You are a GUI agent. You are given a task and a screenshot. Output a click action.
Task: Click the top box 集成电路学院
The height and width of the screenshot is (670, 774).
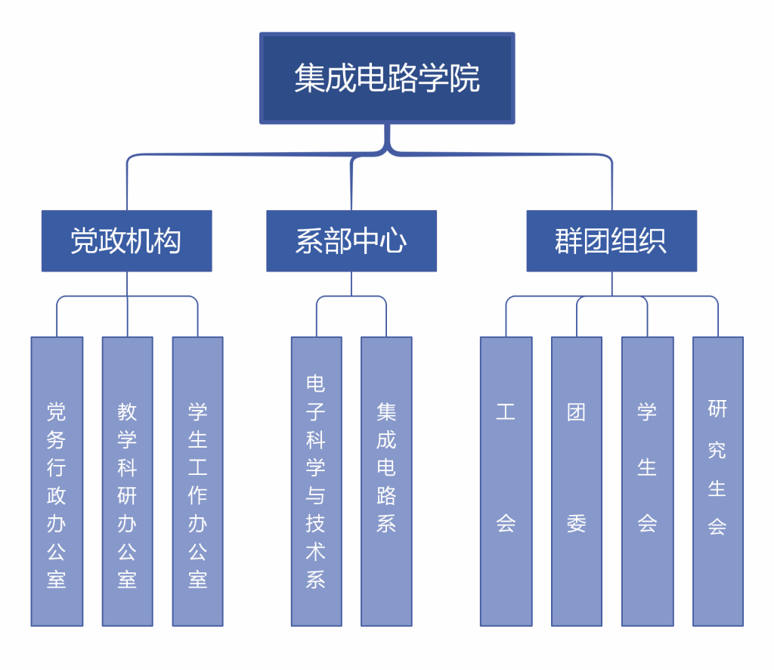pyautogui.click(x=387, y=78)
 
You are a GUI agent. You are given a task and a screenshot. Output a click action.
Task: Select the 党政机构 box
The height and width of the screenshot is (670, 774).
pyautogui.click(x=126, y=240)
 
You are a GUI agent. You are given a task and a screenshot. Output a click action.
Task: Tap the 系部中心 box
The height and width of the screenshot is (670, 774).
pyautogui.click(x=351, y=240)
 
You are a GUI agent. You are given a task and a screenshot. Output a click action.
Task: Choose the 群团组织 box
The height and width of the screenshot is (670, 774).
pyautogui.click(x=611, y=240)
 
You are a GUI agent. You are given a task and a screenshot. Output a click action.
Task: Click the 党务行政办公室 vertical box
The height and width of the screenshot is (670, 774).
pyautogui.click(x=57, y=481)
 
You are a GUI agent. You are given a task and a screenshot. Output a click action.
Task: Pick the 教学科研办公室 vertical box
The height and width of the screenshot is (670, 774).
pyautogui.click(x=127, y=481)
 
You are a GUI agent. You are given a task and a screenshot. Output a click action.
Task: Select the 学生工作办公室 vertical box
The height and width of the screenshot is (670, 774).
pyautogui.click(x=197, y=481)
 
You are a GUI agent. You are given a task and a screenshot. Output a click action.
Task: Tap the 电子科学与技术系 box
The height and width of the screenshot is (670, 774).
pyautogui.click(x=316, y=481)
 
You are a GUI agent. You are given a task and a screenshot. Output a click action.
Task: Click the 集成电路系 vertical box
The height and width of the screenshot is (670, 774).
pyautogui.click(x=386, y=481)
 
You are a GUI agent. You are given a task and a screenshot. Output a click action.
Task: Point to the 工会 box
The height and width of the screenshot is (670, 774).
pyautogui.click(x=506, y=481)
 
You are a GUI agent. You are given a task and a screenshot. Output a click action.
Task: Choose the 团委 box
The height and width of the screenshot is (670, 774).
pyautogui.click(x=576, y=481)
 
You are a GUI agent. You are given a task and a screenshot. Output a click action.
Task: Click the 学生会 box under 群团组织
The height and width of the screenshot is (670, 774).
pyautogui.click(x=647, y=481)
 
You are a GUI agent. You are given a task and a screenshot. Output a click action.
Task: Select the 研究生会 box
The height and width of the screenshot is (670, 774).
pyautogui.click(x=717, y=481)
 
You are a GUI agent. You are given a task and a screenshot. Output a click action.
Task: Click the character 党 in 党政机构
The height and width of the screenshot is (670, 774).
pyautogui.click(x=84, y=241)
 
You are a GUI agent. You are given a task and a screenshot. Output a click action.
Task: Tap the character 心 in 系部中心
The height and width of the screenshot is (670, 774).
pyautogui.click(x=393, y=241)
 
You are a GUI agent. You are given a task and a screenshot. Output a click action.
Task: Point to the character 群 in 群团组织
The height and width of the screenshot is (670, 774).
pyautogui.click(x=569, y=241)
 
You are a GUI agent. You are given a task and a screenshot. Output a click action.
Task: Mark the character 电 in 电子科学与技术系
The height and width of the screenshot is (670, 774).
pyautogui.click(x=316, y=384)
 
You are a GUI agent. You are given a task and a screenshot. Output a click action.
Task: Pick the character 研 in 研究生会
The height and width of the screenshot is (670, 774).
pyautogui.click(x=717, y=409)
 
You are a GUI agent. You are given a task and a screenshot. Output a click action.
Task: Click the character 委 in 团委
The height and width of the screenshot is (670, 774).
pyautogui.click(x=576, y=523)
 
